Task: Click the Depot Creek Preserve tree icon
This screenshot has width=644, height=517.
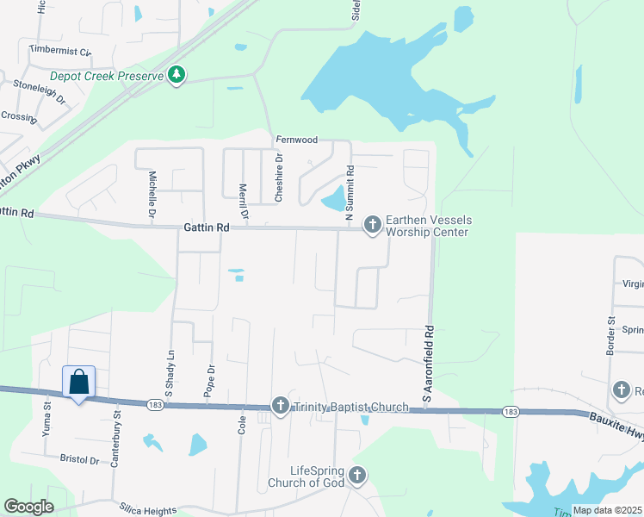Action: coord(176,76)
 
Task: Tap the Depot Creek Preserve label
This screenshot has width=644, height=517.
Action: coord(107,77)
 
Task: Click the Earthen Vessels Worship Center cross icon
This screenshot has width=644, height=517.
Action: coord(372,225)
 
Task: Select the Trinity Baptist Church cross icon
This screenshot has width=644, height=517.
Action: coord(280,406)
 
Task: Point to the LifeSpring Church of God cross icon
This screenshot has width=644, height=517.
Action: coord(356,475)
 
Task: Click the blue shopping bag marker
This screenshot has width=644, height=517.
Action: coord(78,383)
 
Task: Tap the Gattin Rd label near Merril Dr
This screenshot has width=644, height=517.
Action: coord(207,228)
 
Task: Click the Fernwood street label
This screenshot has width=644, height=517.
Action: coord(296,140)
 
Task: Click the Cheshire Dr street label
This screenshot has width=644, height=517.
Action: coord(279,178)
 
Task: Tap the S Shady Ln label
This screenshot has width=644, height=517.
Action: coord(170,371)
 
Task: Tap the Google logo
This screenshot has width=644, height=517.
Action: coord(28,507)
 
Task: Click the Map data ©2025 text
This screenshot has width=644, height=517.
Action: coord(607,510)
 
